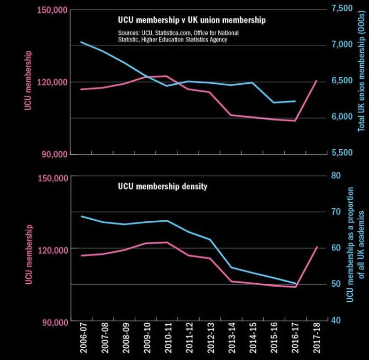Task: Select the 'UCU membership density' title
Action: tap(162, 186)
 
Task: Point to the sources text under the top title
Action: tap(172, 37)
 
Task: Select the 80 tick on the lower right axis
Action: tap(336, 175)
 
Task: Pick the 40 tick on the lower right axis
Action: tap(336, 320)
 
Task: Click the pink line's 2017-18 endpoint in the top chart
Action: tap(316, 81)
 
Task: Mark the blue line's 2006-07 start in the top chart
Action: tap(81, 42)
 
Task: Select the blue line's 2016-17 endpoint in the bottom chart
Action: tap(295, 283)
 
